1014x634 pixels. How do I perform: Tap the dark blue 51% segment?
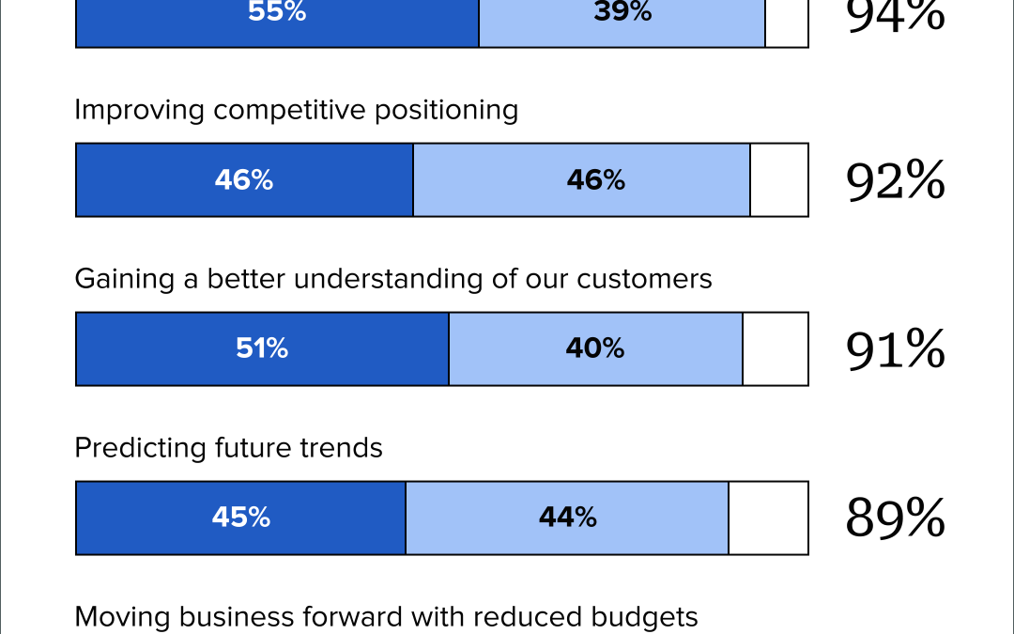tap(262, 348)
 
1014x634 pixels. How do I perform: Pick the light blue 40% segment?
tap(595, 348)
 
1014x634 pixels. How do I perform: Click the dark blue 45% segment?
tap(240, 518)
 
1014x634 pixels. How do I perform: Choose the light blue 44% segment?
tap(567, 518)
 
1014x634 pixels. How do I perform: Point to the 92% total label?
tap(895, 180)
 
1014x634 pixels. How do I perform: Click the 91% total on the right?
tap(895, 349)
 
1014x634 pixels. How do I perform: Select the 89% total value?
tap(895, 518)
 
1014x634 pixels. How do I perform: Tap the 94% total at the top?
tap(895, 17)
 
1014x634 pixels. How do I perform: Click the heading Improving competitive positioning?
tap(296, 110)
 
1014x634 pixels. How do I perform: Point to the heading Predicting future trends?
tap(228, 448)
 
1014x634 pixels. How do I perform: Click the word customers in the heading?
tap(644, 279)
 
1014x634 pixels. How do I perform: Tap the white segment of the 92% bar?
tap(778, 180)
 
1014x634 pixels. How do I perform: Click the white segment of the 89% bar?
tap(768, 518)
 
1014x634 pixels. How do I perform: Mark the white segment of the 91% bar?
tap(775, 348)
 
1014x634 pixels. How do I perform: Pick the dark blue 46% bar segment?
tap(244, 180)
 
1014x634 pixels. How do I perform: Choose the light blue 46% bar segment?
tap(581, 180)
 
